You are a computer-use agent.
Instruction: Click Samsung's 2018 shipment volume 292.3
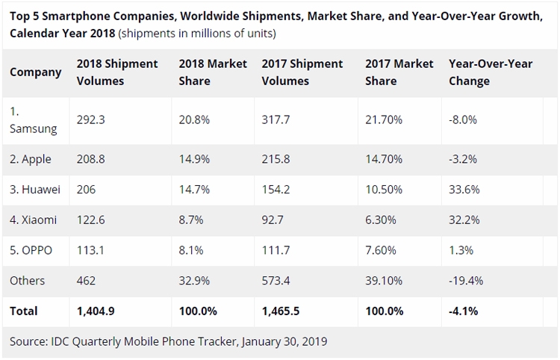coord(90,120)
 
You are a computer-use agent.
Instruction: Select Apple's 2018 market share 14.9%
coord(194,159)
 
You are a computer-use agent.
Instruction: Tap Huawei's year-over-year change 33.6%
coord(464,189)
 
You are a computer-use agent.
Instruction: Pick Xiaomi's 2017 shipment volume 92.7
coord(273,220)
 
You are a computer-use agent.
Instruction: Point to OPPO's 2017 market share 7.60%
coord(381,250)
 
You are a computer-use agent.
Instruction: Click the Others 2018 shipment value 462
coord(86,281)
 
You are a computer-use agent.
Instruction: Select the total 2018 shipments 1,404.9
coord(96,311)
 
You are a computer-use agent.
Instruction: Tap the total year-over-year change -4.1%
coord(464,311)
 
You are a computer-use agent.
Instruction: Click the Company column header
coord(36,72)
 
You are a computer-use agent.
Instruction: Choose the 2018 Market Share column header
coord(213,72)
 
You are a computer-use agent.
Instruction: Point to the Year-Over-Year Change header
coord(491,72)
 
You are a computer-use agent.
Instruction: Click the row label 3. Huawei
coord(35,189)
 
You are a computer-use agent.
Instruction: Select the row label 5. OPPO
coord(31,250)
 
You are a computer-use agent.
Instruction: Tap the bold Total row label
coord(24,311)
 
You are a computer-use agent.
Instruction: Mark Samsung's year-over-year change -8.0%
coord(463,120)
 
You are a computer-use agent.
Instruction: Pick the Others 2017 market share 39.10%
coord(384,281)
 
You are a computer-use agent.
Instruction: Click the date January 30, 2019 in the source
coord(284,342)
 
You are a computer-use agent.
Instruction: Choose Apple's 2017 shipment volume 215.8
coord(276,159)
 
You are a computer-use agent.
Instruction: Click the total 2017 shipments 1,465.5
coord(281,311)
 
